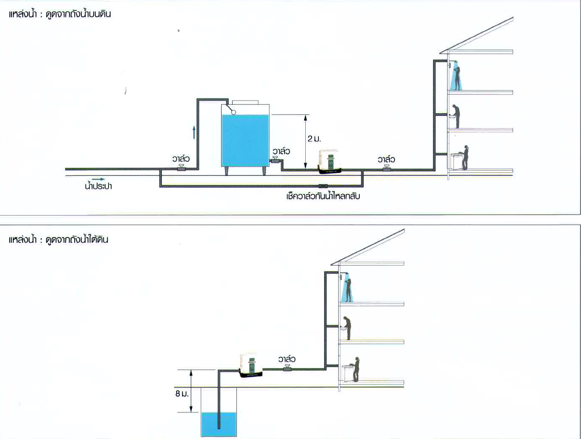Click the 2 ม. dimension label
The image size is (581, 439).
(314, 139)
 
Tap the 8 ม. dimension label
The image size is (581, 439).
(182, 393)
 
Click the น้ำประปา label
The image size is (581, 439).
(98, 186)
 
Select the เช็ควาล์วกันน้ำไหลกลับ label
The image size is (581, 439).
(323, 196)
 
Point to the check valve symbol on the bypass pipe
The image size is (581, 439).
(323, 186)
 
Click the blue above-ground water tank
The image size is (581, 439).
(245, 139)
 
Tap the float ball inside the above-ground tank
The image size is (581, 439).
(233, 112)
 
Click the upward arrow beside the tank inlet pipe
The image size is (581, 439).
(194, 132)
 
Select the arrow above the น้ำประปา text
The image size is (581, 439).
(98, 179)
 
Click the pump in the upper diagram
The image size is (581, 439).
(330, 161)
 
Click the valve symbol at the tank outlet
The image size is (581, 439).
(275, 160)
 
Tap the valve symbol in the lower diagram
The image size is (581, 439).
(287, 368)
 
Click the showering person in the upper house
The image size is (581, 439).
(456, 78)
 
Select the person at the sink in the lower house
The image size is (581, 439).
(347, 327)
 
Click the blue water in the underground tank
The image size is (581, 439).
(219, 424)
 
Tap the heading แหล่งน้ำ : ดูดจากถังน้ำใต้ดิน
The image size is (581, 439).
(58, 240)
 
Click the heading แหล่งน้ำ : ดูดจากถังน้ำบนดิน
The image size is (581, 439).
(60, 14)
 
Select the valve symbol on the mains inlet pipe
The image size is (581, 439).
(181, 168)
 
